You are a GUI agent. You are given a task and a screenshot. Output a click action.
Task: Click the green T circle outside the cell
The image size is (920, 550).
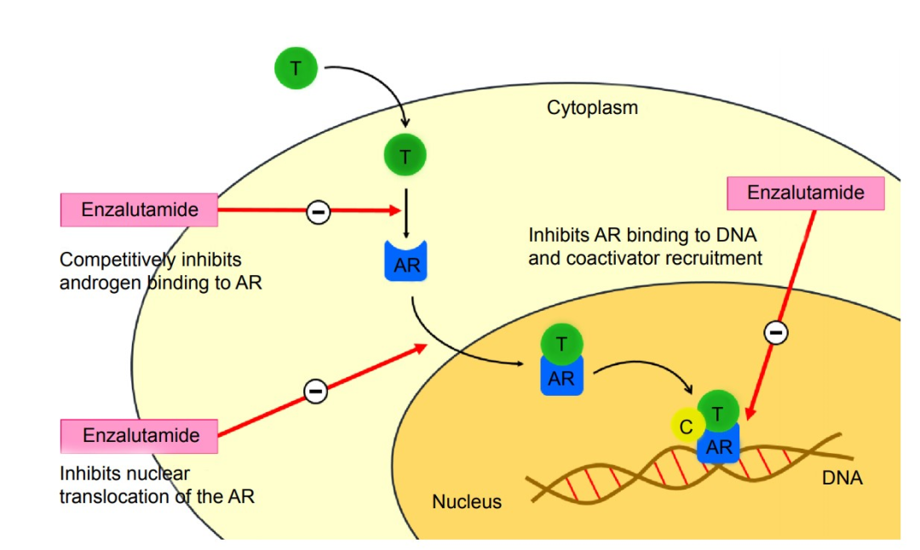(296, 68)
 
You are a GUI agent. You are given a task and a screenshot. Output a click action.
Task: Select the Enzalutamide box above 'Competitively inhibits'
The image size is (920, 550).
(139, 210)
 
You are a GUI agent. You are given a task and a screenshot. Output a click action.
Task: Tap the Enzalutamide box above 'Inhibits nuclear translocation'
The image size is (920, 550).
(141, 436)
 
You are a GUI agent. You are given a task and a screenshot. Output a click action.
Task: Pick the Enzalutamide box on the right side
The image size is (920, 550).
(805, 193)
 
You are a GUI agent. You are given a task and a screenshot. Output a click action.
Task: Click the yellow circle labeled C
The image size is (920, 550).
(686, 428)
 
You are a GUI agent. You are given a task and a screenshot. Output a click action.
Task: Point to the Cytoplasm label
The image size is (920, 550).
(592, 108)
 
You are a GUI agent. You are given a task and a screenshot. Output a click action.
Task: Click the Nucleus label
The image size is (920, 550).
(467, 501)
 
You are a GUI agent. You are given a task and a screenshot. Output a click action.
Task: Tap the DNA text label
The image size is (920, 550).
(842, 478)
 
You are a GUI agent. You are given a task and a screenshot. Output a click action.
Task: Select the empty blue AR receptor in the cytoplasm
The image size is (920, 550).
(407, 263)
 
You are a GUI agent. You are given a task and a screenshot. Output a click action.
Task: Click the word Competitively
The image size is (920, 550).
(115, 260)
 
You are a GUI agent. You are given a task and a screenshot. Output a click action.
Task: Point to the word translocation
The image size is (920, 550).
(109, 496)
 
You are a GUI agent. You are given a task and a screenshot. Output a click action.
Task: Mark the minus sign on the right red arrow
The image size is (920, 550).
(775, 333)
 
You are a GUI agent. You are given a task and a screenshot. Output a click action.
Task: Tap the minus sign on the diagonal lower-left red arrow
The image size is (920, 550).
(315, 391)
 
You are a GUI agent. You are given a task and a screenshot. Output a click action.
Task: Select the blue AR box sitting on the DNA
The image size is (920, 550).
(717, 447)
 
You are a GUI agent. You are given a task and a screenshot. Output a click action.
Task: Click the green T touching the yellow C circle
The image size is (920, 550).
(718, 412)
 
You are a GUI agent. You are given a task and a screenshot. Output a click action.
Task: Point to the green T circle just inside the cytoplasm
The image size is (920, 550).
(405, 157)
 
